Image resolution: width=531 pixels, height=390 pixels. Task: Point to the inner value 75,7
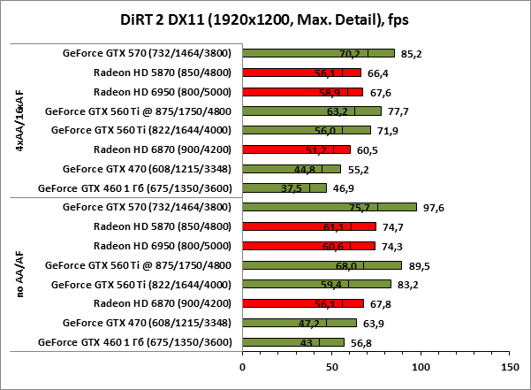(x=359, y=208)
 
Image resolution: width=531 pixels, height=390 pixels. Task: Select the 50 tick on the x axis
(x=331, y=364)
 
